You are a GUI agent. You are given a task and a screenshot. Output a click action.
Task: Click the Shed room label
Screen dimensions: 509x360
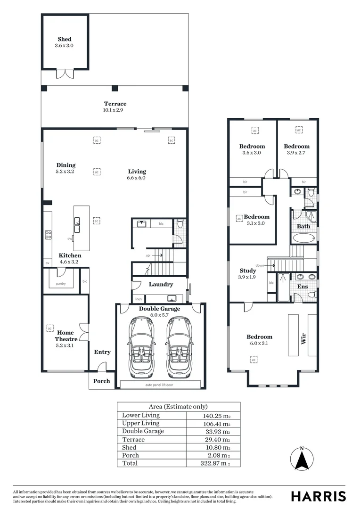pyautogui.click(x=65, y=39)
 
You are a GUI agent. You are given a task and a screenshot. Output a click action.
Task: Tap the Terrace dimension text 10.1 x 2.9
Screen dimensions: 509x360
pyautogui.click(x=115, y=110)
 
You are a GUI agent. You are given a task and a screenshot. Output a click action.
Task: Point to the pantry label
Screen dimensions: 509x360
pyautogui.click(x=60, y=283)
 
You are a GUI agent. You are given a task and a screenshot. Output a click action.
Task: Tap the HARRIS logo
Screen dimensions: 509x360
pyautogui.click(x=318, y=496)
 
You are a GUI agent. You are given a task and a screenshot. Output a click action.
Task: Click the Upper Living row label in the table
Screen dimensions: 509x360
pyautogui.click(x=141, y=423)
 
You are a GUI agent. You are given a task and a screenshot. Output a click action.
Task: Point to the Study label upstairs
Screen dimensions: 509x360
pyautogui.click(x=248, y=271)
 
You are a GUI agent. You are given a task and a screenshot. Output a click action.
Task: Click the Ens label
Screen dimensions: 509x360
pyautogui.click(x=302, y=286)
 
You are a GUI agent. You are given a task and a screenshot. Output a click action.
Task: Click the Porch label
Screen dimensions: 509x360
pyautogui.click(x=101, y=381)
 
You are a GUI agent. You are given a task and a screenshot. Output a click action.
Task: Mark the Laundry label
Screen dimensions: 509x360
pyautogui.click(x=161, y=284)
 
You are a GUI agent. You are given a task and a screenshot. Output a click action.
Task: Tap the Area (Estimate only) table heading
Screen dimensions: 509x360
pyautogui.click(x=178, y=406)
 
